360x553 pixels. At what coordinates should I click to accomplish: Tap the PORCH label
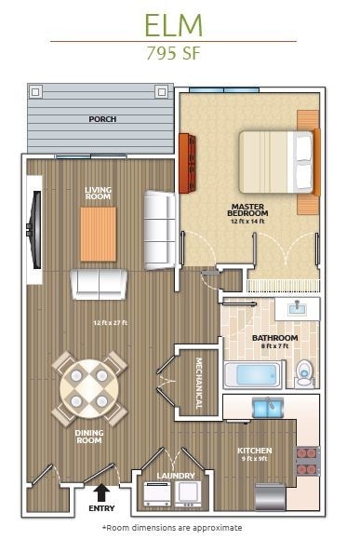[101, 119]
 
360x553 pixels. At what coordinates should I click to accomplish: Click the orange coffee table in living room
[99, 234]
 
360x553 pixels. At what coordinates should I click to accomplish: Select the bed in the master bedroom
[276, 162]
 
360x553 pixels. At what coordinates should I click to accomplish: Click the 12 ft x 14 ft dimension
[247, 222]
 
